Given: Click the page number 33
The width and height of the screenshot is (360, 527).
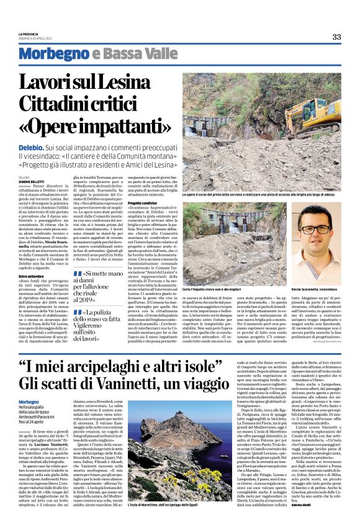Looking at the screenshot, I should point(336,37).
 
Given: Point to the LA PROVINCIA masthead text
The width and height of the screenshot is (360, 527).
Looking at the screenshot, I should point(29,34).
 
